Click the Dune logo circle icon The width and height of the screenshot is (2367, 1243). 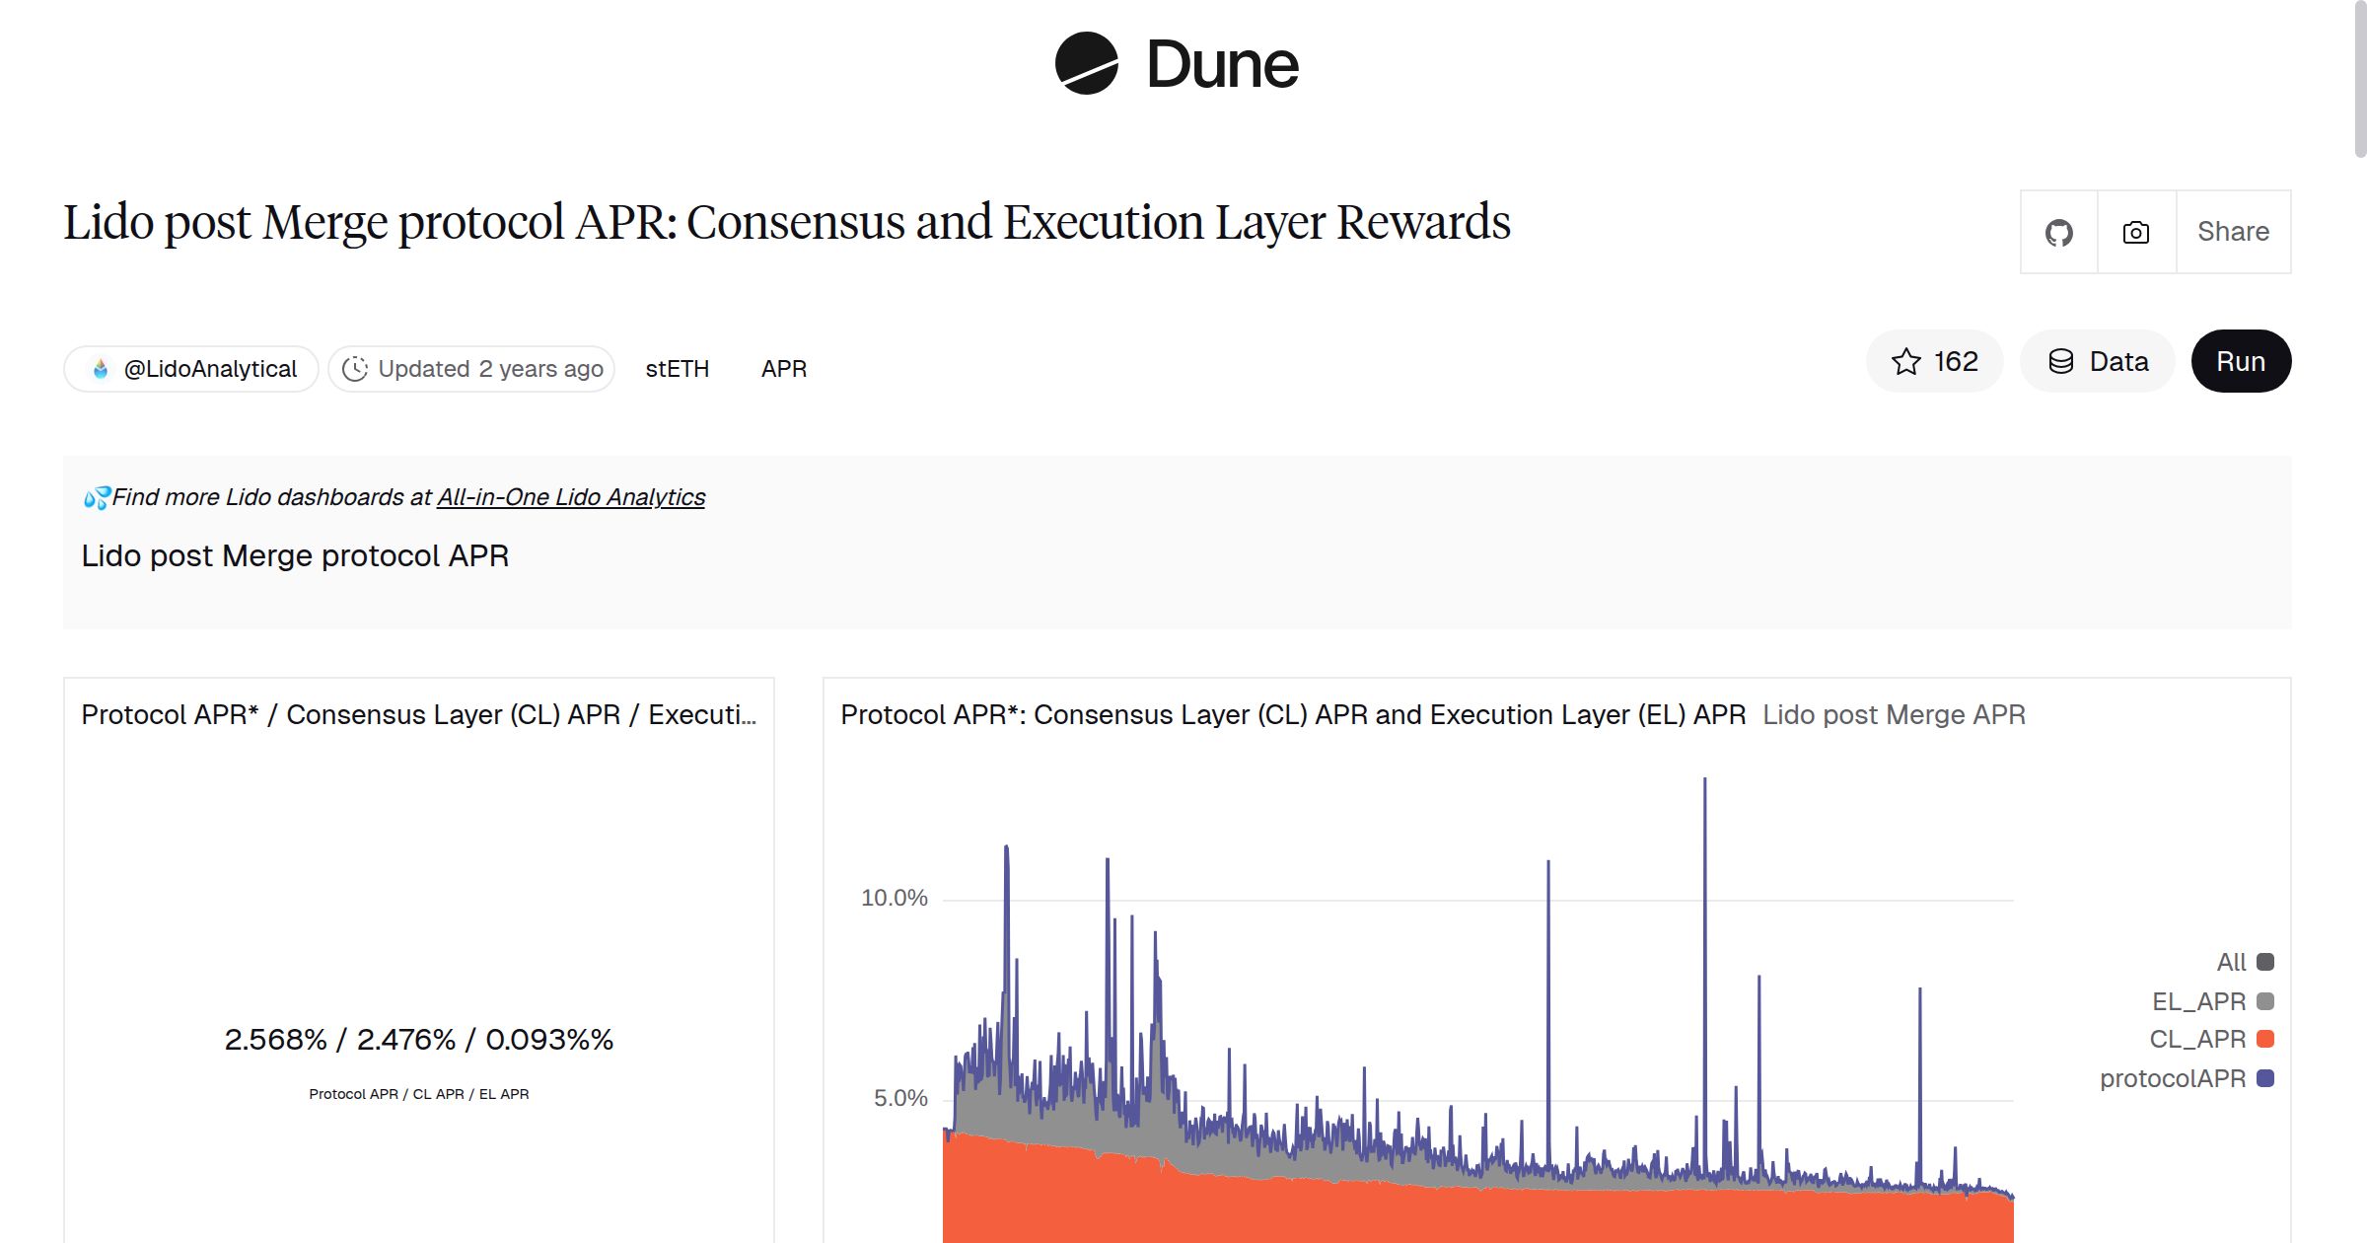click(x=1086, y=64)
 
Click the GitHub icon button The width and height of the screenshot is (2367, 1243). click(x=2058, y=233)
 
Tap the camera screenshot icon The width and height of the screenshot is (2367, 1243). click(x=2135, y=233)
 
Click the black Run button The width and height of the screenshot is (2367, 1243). click(x=2240, y=362)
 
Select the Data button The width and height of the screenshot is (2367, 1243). click(x=2098, y=362)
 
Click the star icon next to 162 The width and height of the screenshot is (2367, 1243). click(x=1905, y=362)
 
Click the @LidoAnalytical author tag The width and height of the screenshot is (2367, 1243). click(x=191, y=369)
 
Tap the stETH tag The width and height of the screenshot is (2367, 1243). click(x=677, y=369)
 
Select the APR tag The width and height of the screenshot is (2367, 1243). click(x=783, y=369)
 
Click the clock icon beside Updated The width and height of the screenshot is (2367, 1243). click(x=355, y=369)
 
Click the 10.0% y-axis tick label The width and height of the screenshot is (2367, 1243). click(x=894, y=898)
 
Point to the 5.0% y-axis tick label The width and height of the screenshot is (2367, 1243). click(x=899, y=1098)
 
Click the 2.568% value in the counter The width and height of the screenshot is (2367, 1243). click(x=275, y=1040)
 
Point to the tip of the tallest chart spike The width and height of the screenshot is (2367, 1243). click(x=1704, y=780)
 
